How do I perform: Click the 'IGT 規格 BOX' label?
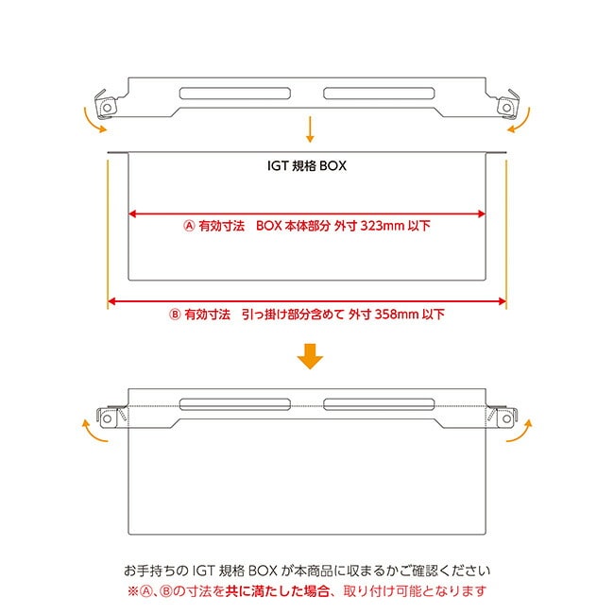click(x=307, y=165)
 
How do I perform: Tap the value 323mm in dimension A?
click(x=383, y=226)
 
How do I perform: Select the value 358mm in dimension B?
click(x=397, y=314)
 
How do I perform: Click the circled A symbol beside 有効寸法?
click(x=189, y=226)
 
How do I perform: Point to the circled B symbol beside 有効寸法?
click(x=175, y=314)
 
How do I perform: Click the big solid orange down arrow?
click(x=310, y=356)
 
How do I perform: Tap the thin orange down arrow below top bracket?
click(x=310, y=129)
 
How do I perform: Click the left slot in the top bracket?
click(x=235, y=94)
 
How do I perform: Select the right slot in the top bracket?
click(x=379, y=94)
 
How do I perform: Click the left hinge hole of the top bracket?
click(x=108, y=108)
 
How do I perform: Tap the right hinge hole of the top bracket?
click(x=506, y=108)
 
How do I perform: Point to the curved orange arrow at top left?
click(x=90, y=122)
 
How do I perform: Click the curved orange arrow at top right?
click(x=523, y=122)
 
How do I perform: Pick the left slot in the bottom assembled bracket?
click(x=235, y=404)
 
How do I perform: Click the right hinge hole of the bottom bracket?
click(x=506, y=418)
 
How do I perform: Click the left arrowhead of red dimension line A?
click(x=132, y=213)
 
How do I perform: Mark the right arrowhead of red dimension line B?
click(x=502, y=301)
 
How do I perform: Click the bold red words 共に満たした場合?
click(x=277, y=591)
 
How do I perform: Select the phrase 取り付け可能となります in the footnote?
click(x=415, y=591)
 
